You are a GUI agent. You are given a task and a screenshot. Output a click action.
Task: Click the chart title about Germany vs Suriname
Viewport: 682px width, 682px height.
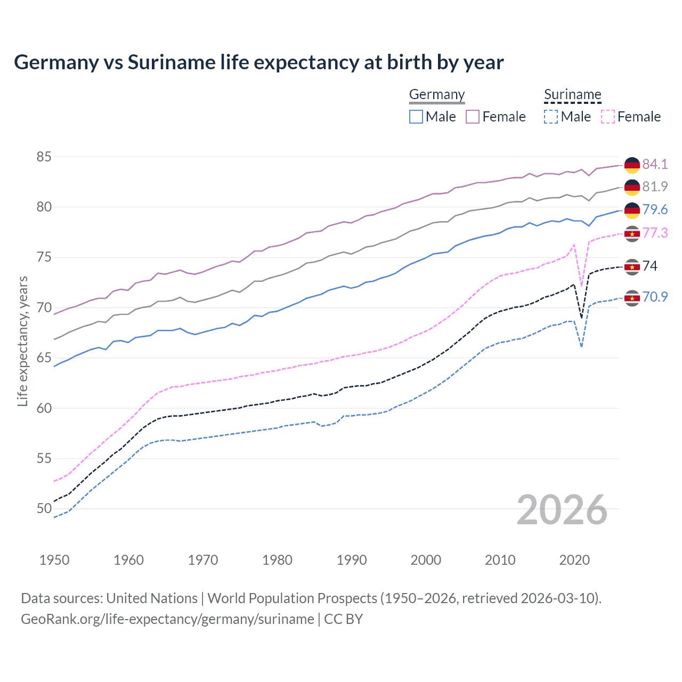tap(258, 62)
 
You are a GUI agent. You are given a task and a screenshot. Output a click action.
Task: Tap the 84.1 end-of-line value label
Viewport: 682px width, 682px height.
tap(655, 164)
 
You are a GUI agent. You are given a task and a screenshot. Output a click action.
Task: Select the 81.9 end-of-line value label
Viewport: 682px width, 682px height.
tap(655, 186)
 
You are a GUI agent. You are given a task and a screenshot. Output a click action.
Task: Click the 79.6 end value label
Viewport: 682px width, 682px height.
tap(655, 209)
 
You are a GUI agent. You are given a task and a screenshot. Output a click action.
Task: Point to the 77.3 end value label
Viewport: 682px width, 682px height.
tap(655, 233)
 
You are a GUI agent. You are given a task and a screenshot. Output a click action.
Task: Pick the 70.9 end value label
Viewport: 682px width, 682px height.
tap(655, 297)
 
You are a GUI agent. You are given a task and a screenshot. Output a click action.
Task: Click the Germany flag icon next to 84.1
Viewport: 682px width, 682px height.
tap(632, 165)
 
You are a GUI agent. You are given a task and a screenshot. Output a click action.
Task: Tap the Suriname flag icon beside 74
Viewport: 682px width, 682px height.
tap(632, 267)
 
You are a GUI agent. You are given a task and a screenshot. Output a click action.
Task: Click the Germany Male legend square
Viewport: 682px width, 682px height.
tap(416, 117)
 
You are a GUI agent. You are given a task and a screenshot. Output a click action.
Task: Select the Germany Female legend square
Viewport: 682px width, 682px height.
tap(473, 117)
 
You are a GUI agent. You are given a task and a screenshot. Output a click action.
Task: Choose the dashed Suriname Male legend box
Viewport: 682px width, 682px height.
tap(551, 117)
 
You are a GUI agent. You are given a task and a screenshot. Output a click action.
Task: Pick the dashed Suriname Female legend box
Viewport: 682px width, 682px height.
tap(607, 117)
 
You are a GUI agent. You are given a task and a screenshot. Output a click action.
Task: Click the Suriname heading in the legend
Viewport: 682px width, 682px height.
tap(572, 95)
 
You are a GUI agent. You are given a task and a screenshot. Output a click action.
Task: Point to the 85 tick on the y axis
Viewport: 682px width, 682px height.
tap(44, 157)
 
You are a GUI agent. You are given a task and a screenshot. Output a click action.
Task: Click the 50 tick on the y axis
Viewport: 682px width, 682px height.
tap(44, 509)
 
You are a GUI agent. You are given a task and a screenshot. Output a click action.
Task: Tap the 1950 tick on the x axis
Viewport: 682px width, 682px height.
tap(54, 560)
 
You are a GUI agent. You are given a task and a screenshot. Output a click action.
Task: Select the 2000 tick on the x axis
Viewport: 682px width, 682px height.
tap(426, 560)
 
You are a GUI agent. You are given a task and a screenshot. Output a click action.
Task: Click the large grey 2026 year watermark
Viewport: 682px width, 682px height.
tap(562, 510)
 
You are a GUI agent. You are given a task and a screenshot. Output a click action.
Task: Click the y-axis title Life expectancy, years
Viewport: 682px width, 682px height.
tap(23, 341)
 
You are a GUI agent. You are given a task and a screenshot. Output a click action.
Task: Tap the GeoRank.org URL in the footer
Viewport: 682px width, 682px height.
tap(167, 619)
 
